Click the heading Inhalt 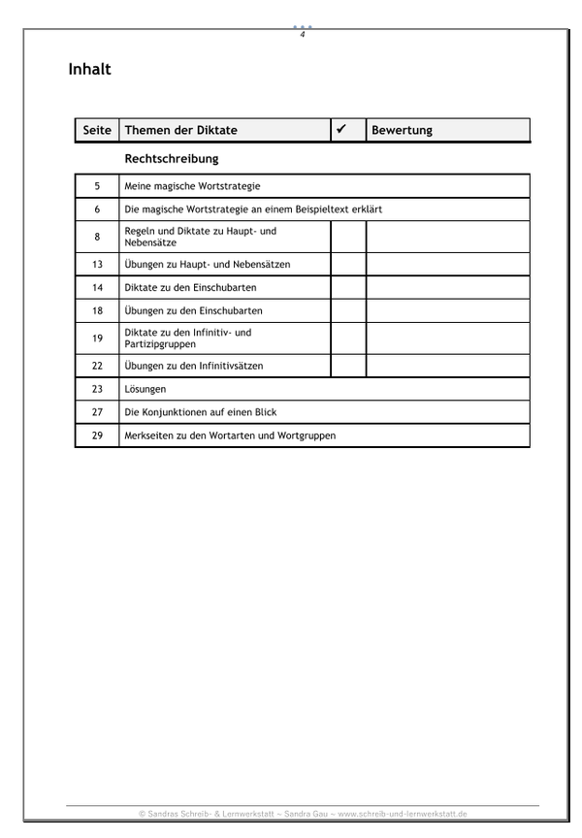[90, 70]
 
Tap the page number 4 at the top [303, 35]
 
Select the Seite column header [97, 130]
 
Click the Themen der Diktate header [181, 130]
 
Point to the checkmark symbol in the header [341, 129]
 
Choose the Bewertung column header [402, 130]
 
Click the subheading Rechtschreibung [171, 157]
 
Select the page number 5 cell [97, 185]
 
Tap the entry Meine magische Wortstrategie [193, 185]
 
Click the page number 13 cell [97, 264]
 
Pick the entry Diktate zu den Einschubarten [190, 287]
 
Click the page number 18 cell [97, 310]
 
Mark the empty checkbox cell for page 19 [348, 338]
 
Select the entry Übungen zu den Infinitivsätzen [194, 366]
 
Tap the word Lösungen [145, 389]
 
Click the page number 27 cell [97, 412]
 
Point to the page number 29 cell [97, 435]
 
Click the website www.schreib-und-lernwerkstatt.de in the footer [407, 814]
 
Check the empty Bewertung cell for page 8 [447, 237]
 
